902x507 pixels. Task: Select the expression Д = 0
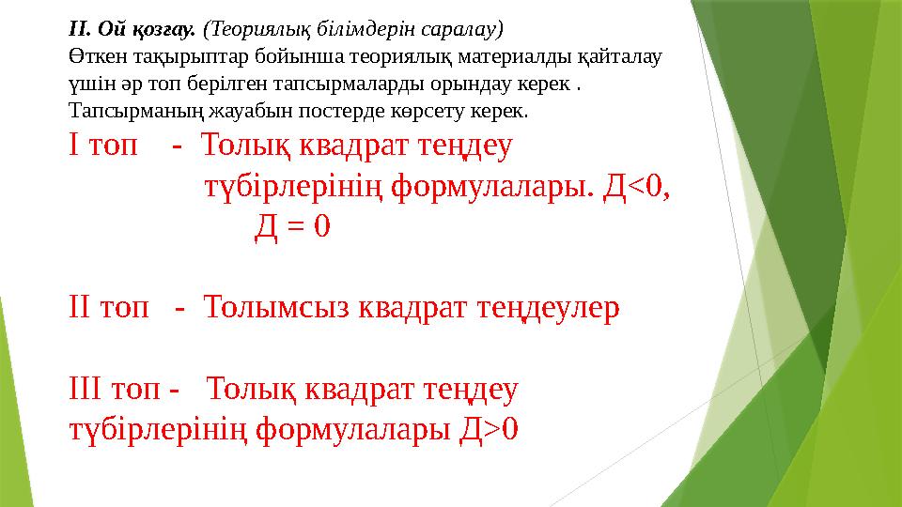click(x=292, y=226)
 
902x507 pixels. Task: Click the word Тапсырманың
click(x=129, y=111)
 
